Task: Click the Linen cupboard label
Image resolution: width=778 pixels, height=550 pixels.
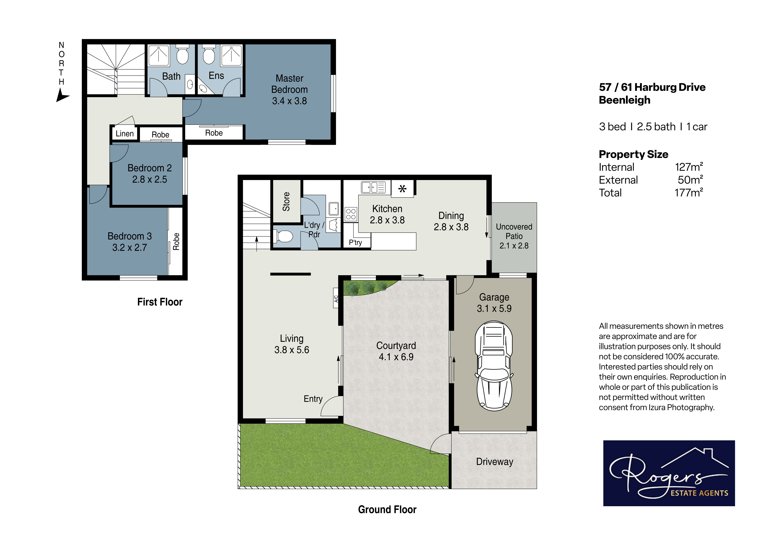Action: click(x=125, y=133)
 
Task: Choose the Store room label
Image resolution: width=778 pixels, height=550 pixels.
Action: click(x=286, y=201)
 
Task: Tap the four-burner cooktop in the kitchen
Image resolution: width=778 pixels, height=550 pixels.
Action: click(x=351, y=214)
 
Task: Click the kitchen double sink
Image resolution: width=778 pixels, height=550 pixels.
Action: click(x=373, y=187)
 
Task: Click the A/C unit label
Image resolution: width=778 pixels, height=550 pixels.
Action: click(x=336, y=299)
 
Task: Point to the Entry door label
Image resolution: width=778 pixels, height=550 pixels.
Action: click(x=313, y=399)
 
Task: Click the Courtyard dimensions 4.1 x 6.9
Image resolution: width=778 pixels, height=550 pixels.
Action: click(x=396, y=357)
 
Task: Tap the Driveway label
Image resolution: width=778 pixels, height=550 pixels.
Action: click(x=495, y=462)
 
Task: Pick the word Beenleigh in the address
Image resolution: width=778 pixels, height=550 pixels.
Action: click(x=625, y=100)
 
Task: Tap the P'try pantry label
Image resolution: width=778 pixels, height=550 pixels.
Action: click(x=355, y=242)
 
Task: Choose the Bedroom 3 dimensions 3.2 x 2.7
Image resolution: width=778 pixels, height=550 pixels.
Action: click(x=129, y=248)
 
